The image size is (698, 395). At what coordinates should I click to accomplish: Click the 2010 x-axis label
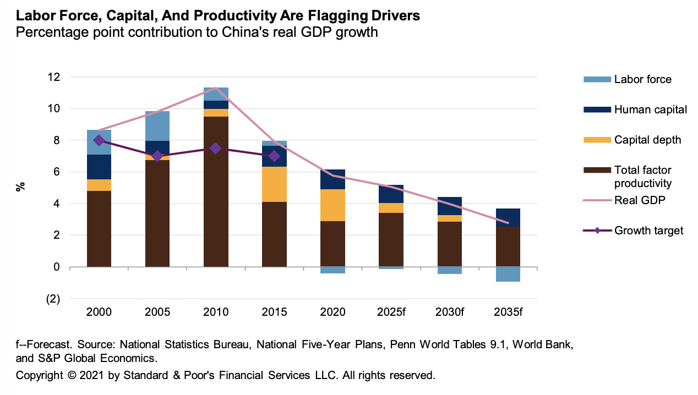tap(216, 312)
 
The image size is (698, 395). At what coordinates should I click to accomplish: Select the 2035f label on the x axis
tap(508, 312)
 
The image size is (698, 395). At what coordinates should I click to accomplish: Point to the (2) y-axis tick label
tap(53, 299)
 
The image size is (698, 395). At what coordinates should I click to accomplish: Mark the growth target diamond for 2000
tap(99, 140)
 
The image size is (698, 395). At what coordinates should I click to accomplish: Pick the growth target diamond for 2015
tap(274, 156)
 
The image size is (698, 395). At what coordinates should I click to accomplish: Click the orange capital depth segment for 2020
tap(333, 205)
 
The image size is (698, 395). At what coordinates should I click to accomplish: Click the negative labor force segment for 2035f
tap(508, 274)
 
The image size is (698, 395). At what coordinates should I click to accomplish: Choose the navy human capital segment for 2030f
tap(450, 206)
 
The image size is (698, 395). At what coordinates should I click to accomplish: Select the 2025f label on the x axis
tap(391, 312)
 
